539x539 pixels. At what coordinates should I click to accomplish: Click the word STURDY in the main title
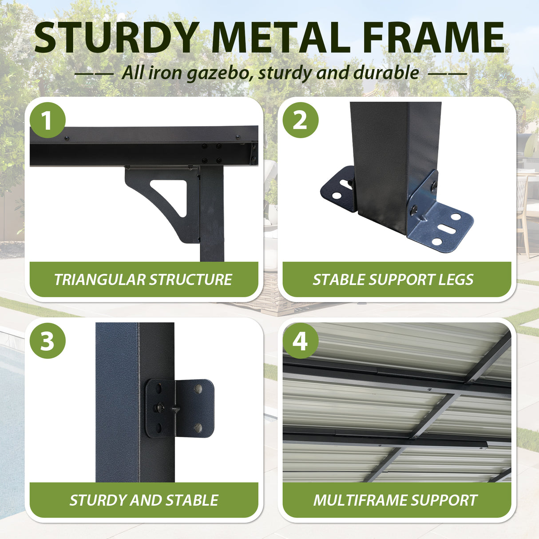coord(116,37)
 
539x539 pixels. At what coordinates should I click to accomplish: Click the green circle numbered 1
coord(48,120)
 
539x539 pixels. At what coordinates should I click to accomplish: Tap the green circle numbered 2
coord(301,120)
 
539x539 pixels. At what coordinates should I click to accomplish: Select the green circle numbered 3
coord(48,341)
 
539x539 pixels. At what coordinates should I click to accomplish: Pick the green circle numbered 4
coord(301,341)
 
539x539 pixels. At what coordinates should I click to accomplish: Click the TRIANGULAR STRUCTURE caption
coord(143,279)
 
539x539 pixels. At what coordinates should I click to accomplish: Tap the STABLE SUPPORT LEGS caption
coord(393,279)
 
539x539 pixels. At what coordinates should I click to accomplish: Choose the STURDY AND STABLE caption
coord(144,500)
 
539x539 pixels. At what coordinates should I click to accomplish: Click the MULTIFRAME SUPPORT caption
coord(395,500)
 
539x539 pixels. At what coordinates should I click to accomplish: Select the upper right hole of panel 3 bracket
coord(198,388)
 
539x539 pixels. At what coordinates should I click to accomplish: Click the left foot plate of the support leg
coord(338,190)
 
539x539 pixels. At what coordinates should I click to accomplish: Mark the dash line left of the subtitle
coord(94,74)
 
